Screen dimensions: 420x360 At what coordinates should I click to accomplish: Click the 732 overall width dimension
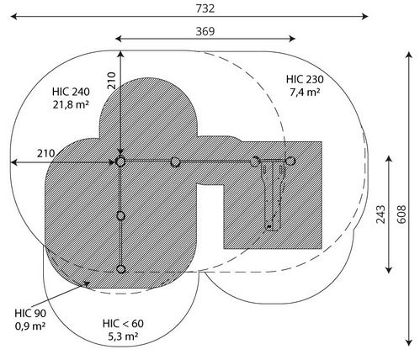click(x=205, y=8)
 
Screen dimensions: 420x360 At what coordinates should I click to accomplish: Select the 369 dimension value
click(x=205, y=31)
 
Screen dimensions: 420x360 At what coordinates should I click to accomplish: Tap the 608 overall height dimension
click(x=401, y=214)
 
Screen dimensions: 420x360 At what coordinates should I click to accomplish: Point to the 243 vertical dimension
click(x=380, y=214)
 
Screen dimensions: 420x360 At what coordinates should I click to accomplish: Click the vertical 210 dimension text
click(x=111, y=81)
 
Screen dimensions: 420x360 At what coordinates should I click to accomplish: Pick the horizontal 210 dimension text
click(x=46, y=153)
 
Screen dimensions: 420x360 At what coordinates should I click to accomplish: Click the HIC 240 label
click(x=71, y=92)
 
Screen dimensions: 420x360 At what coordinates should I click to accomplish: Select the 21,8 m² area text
click(x=71, y=104)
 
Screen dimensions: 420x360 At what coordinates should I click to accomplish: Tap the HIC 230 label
click(x=305, y=79)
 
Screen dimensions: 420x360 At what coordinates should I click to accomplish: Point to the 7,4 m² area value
click(x=305, y=92)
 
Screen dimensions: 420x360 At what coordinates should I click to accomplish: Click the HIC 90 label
click(x=30, y=313)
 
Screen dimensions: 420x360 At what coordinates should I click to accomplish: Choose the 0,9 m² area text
click(x=30, y=326)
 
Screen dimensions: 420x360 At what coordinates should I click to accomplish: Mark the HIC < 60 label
click(x=123, y=324)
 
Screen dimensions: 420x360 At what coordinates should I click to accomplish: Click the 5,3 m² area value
click(x=123, y=336)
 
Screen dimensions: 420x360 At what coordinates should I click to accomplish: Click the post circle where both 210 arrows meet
click(x=120, y=161)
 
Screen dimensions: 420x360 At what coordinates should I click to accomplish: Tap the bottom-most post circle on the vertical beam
click(x=121, y=269)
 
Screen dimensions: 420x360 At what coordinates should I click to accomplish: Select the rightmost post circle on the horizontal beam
click(x=290, y=161)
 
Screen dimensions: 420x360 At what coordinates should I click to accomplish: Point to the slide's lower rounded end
click(x=272, y=227)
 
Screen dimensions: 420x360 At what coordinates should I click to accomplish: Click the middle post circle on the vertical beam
click(x=120, y=216)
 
